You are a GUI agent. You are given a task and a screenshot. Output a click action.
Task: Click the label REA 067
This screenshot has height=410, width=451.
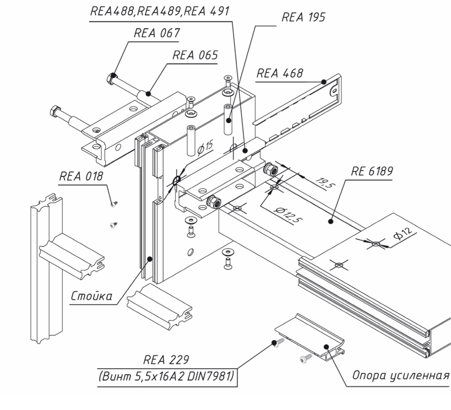156,34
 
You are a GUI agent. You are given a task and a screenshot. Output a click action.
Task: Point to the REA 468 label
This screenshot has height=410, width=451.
279,74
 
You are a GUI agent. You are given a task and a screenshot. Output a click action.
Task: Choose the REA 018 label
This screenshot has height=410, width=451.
81,176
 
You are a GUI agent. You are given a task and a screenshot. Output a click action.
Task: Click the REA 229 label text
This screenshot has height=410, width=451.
167,360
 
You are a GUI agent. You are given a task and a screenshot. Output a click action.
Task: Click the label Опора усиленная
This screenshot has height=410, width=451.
399,374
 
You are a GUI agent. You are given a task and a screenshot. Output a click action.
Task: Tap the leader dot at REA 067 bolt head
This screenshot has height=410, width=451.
113,75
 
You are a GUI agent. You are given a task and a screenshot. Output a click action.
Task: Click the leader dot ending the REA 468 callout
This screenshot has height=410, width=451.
323,82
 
